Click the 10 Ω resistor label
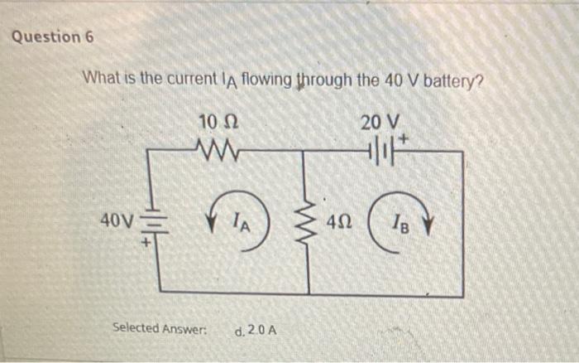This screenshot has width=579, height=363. (x=219, y=123)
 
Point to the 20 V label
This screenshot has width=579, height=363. (x=379, y=123)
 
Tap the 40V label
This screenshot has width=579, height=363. (x=114, y=221)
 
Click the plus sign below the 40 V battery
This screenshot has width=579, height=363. (x=146, y=243)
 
